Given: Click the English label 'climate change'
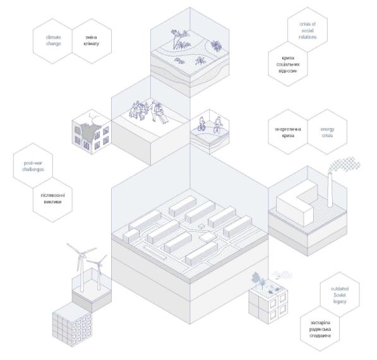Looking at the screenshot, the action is click(x=54, y=40).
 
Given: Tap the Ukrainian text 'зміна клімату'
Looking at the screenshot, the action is click(x=92, y=40).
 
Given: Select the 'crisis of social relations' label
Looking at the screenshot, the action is click(x=308, y=30).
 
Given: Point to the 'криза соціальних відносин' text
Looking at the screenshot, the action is click(x=288, y=64).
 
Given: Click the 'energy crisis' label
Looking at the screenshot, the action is click(x=327, y=132).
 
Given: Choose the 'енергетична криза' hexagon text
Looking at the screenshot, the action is click(x=288, y=132).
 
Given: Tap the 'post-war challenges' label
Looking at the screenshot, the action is click(x=33, y=166).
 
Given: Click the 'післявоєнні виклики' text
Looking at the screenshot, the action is click(x=52, y=198).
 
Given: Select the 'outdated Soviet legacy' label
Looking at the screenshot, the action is click(x=340, y=295).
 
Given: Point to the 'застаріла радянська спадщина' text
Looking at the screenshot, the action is click(x=320, y=329).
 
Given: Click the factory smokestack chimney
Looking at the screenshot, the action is click(x=330, y=189).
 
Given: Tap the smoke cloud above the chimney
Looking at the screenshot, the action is click(x=345, y=164).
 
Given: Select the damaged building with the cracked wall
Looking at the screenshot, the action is click(x=92, y=132).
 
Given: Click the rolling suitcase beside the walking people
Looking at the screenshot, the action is click(x=164, y=119).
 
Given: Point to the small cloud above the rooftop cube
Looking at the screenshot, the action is click(x=282, y=274).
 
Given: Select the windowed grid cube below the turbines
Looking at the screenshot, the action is click(x=72, y=325).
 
